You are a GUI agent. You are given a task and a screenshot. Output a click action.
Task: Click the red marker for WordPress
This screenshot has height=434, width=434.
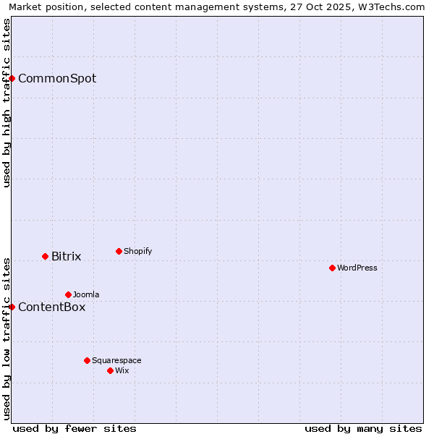[332, 268]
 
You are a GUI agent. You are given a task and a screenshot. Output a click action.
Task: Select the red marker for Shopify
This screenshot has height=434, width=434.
[119, 251]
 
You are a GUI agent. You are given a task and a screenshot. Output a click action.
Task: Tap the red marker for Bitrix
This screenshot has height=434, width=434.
[45, 256]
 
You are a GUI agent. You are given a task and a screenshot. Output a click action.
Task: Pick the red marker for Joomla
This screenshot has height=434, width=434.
[68, 294]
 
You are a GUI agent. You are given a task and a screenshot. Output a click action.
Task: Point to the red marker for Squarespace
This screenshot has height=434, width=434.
[87, 360]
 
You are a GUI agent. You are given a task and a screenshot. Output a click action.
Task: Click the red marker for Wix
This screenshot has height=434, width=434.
[110, 370]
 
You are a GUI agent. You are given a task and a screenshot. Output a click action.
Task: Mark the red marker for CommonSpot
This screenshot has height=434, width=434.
[12, 78]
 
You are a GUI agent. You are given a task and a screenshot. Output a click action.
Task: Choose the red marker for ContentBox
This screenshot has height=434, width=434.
[12, 307]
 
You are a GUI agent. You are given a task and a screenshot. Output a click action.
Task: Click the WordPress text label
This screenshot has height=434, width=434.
[357, 268]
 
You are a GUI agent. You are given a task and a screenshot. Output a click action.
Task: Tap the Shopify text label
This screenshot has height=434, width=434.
[138, 251]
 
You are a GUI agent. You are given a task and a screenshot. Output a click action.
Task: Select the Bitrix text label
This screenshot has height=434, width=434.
[67, 256]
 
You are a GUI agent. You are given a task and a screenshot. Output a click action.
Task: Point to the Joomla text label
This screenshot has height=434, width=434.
[86, 294]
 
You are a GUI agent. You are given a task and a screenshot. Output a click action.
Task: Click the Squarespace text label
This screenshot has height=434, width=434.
[116, 360]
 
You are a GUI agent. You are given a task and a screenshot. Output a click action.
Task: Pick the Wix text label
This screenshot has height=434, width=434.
[122, 370]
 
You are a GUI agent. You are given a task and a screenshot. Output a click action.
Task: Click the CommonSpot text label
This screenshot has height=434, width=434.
[57, 78]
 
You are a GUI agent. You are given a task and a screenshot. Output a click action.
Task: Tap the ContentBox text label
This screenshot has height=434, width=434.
[52, 307]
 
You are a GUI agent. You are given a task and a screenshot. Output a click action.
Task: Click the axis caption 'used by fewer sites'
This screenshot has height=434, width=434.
[75, 428]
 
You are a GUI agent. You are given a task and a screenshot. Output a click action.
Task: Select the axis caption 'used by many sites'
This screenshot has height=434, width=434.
[363, 428]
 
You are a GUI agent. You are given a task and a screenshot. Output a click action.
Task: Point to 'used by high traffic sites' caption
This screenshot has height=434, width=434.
[7, 103]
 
